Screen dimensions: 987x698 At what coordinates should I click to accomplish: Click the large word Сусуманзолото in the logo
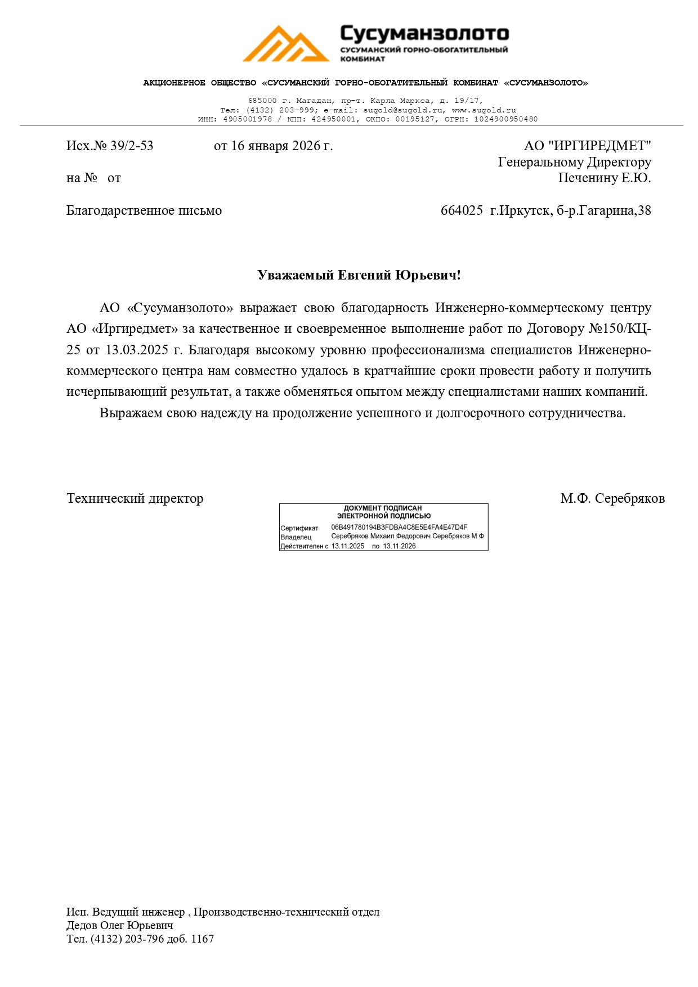click(x=424, y=34)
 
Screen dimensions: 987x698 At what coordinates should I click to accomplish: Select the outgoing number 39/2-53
click(x=132, y=146)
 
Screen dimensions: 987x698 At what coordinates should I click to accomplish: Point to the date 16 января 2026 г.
click(x=273, y=146)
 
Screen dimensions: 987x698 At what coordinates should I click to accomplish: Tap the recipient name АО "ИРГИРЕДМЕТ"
click(x=587, y=146)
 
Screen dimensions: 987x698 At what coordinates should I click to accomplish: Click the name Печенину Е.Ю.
click(x=604, y=178)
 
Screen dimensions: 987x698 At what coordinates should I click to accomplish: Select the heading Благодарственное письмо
click(x=144, y=211)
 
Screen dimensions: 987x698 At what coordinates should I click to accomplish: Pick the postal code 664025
click(x=462, y=211)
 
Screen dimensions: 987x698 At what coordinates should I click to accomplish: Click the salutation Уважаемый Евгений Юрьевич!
click(x=359, y=276)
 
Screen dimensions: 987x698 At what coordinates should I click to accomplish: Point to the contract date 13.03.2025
click(x=137, y=350)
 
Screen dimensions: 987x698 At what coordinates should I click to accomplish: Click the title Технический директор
click(x=135, y=499)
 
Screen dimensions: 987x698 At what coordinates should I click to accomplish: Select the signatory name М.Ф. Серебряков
click(x=612, y=499)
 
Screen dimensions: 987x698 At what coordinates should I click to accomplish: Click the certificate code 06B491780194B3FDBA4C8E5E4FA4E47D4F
click(x=399, y=528)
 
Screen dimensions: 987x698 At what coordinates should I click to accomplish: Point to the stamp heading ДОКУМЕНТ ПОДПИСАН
click(x=383, y=508)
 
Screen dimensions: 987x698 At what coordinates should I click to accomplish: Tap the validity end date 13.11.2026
click(x=399, y=546)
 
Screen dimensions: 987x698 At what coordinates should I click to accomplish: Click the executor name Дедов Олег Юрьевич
click(x=120, y=925)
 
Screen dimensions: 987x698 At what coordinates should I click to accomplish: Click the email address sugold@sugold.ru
click(x=403, y=110)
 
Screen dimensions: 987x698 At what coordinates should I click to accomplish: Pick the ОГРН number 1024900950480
click(x=505, y=119)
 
